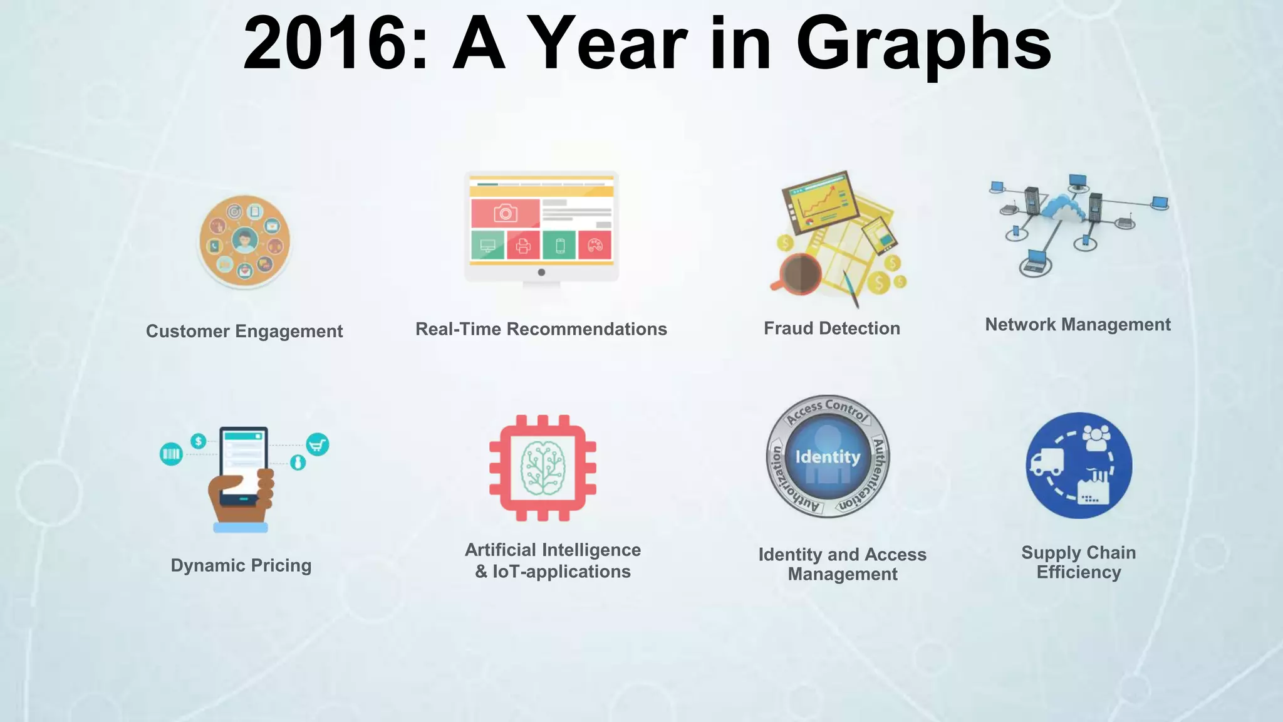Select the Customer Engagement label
[x=244, y=331]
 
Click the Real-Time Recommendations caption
[x=541, y=329]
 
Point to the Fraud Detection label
[x=831, y=328]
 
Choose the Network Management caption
[x=1078, y=325]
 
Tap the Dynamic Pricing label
[x=241, y=565]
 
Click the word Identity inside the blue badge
[x=828, y=457]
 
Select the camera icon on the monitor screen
[x=506, y=213]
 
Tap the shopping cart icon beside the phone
[x=318, y=445]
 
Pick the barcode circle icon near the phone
[x=171, y=454]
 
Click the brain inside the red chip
[x=543, y=468]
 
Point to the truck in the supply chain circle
[x=1047, y=463]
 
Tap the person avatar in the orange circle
[x=244, y=240]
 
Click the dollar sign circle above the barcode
[x=199, y=441]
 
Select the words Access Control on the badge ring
[x=828, y=409]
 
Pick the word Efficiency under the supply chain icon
[x=1078, y=572]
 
